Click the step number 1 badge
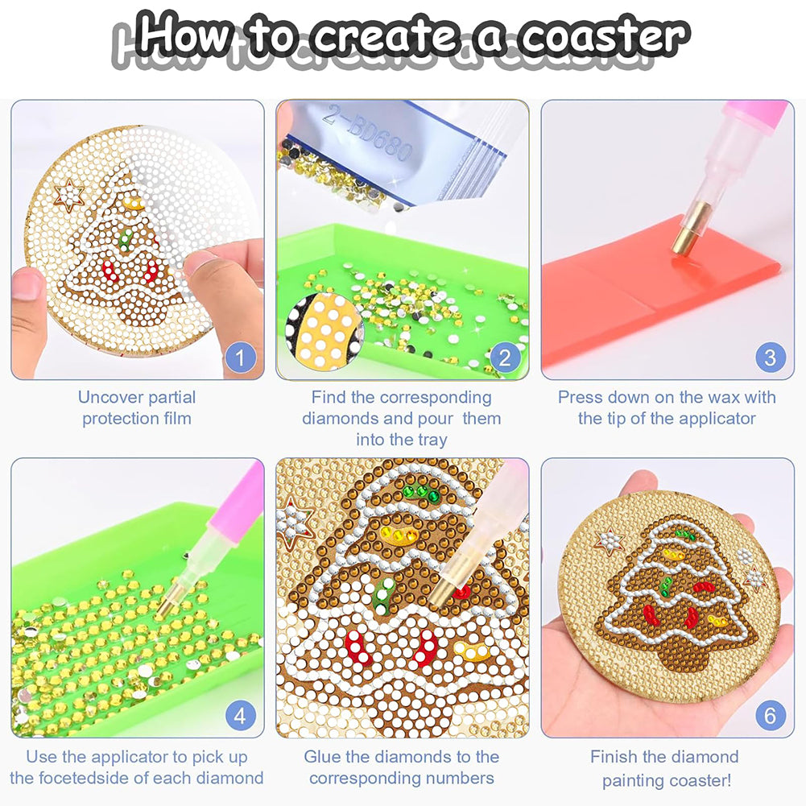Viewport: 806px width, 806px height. [239, 355]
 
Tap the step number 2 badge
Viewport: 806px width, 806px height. [504, 355]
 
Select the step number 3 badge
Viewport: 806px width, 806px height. [770, 355]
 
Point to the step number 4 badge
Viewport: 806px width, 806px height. [239, 714]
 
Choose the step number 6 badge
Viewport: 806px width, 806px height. [770, 714]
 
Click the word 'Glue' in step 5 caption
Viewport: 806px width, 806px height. [324, 757]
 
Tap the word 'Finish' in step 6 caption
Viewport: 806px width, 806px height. [614, 757]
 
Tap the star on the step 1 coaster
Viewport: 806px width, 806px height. [70, 196]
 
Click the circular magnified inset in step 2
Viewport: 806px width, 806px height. [324, 331]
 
